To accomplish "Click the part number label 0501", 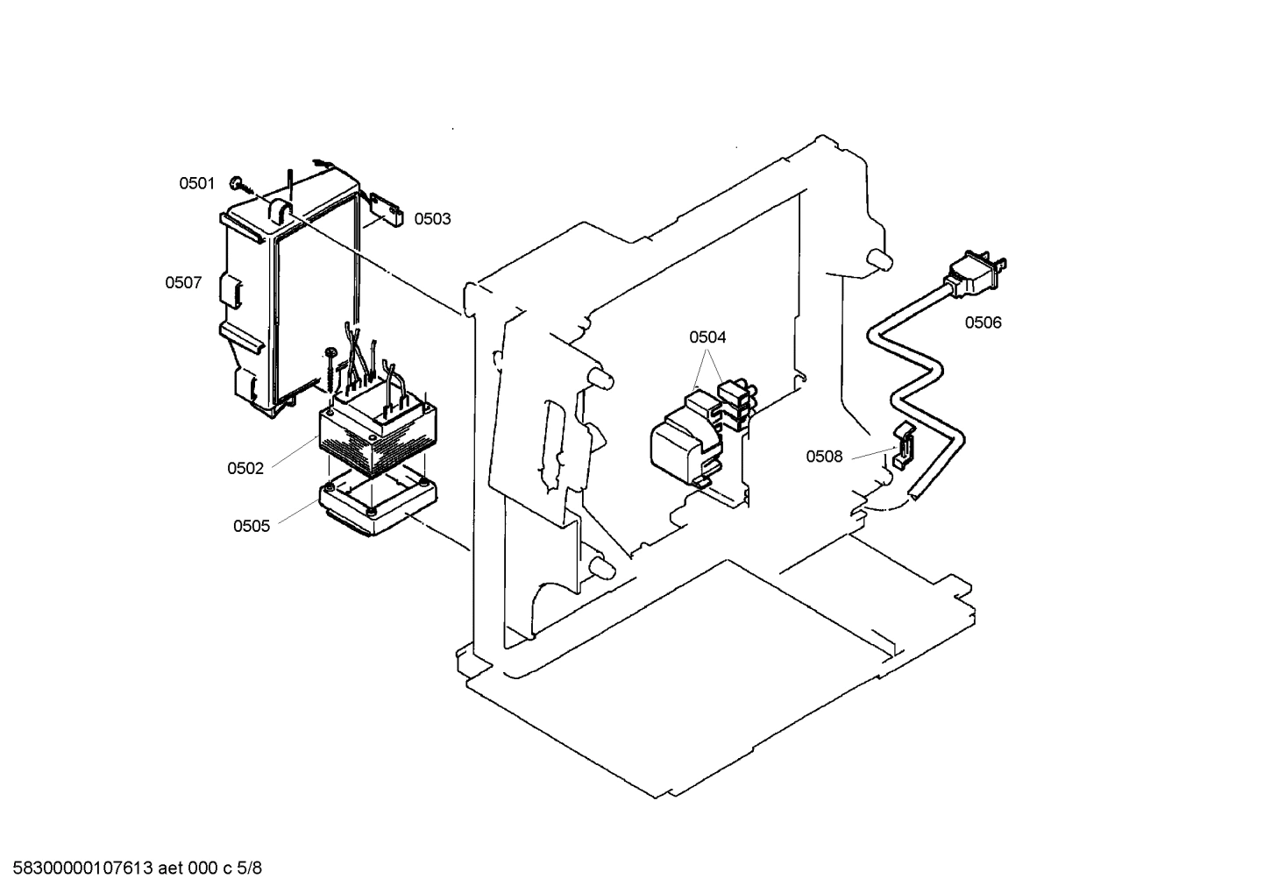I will coord(196,183).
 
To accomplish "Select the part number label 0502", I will coord(245,468).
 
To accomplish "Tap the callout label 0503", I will coord(432,218).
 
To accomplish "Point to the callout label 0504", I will coord(707,337).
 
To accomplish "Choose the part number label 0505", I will coord(252,526).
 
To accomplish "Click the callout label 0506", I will coord(983,322).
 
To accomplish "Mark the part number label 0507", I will coord(183,282).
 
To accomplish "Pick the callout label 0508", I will coord(824,457).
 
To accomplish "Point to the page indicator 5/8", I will coord(250,868).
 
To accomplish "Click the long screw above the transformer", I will coord(330,368).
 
